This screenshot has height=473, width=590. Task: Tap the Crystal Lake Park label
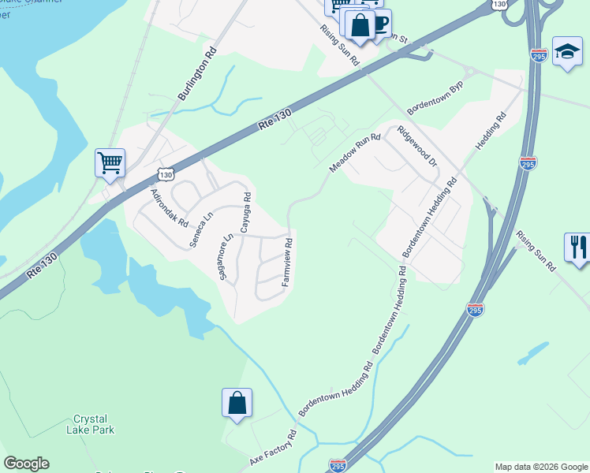(94, 424)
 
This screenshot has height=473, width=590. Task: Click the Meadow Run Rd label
(355, 153)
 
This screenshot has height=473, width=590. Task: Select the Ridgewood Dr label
(417, 145)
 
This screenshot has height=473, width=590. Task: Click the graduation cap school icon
(566, 51)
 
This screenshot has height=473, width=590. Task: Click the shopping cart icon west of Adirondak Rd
(110, 163)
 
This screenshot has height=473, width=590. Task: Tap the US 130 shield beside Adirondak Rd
(163, 173)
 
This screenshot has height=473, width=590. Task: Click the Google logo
(26, 464)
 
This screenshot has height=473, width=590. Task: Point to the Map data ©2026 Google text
(540, 467)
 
